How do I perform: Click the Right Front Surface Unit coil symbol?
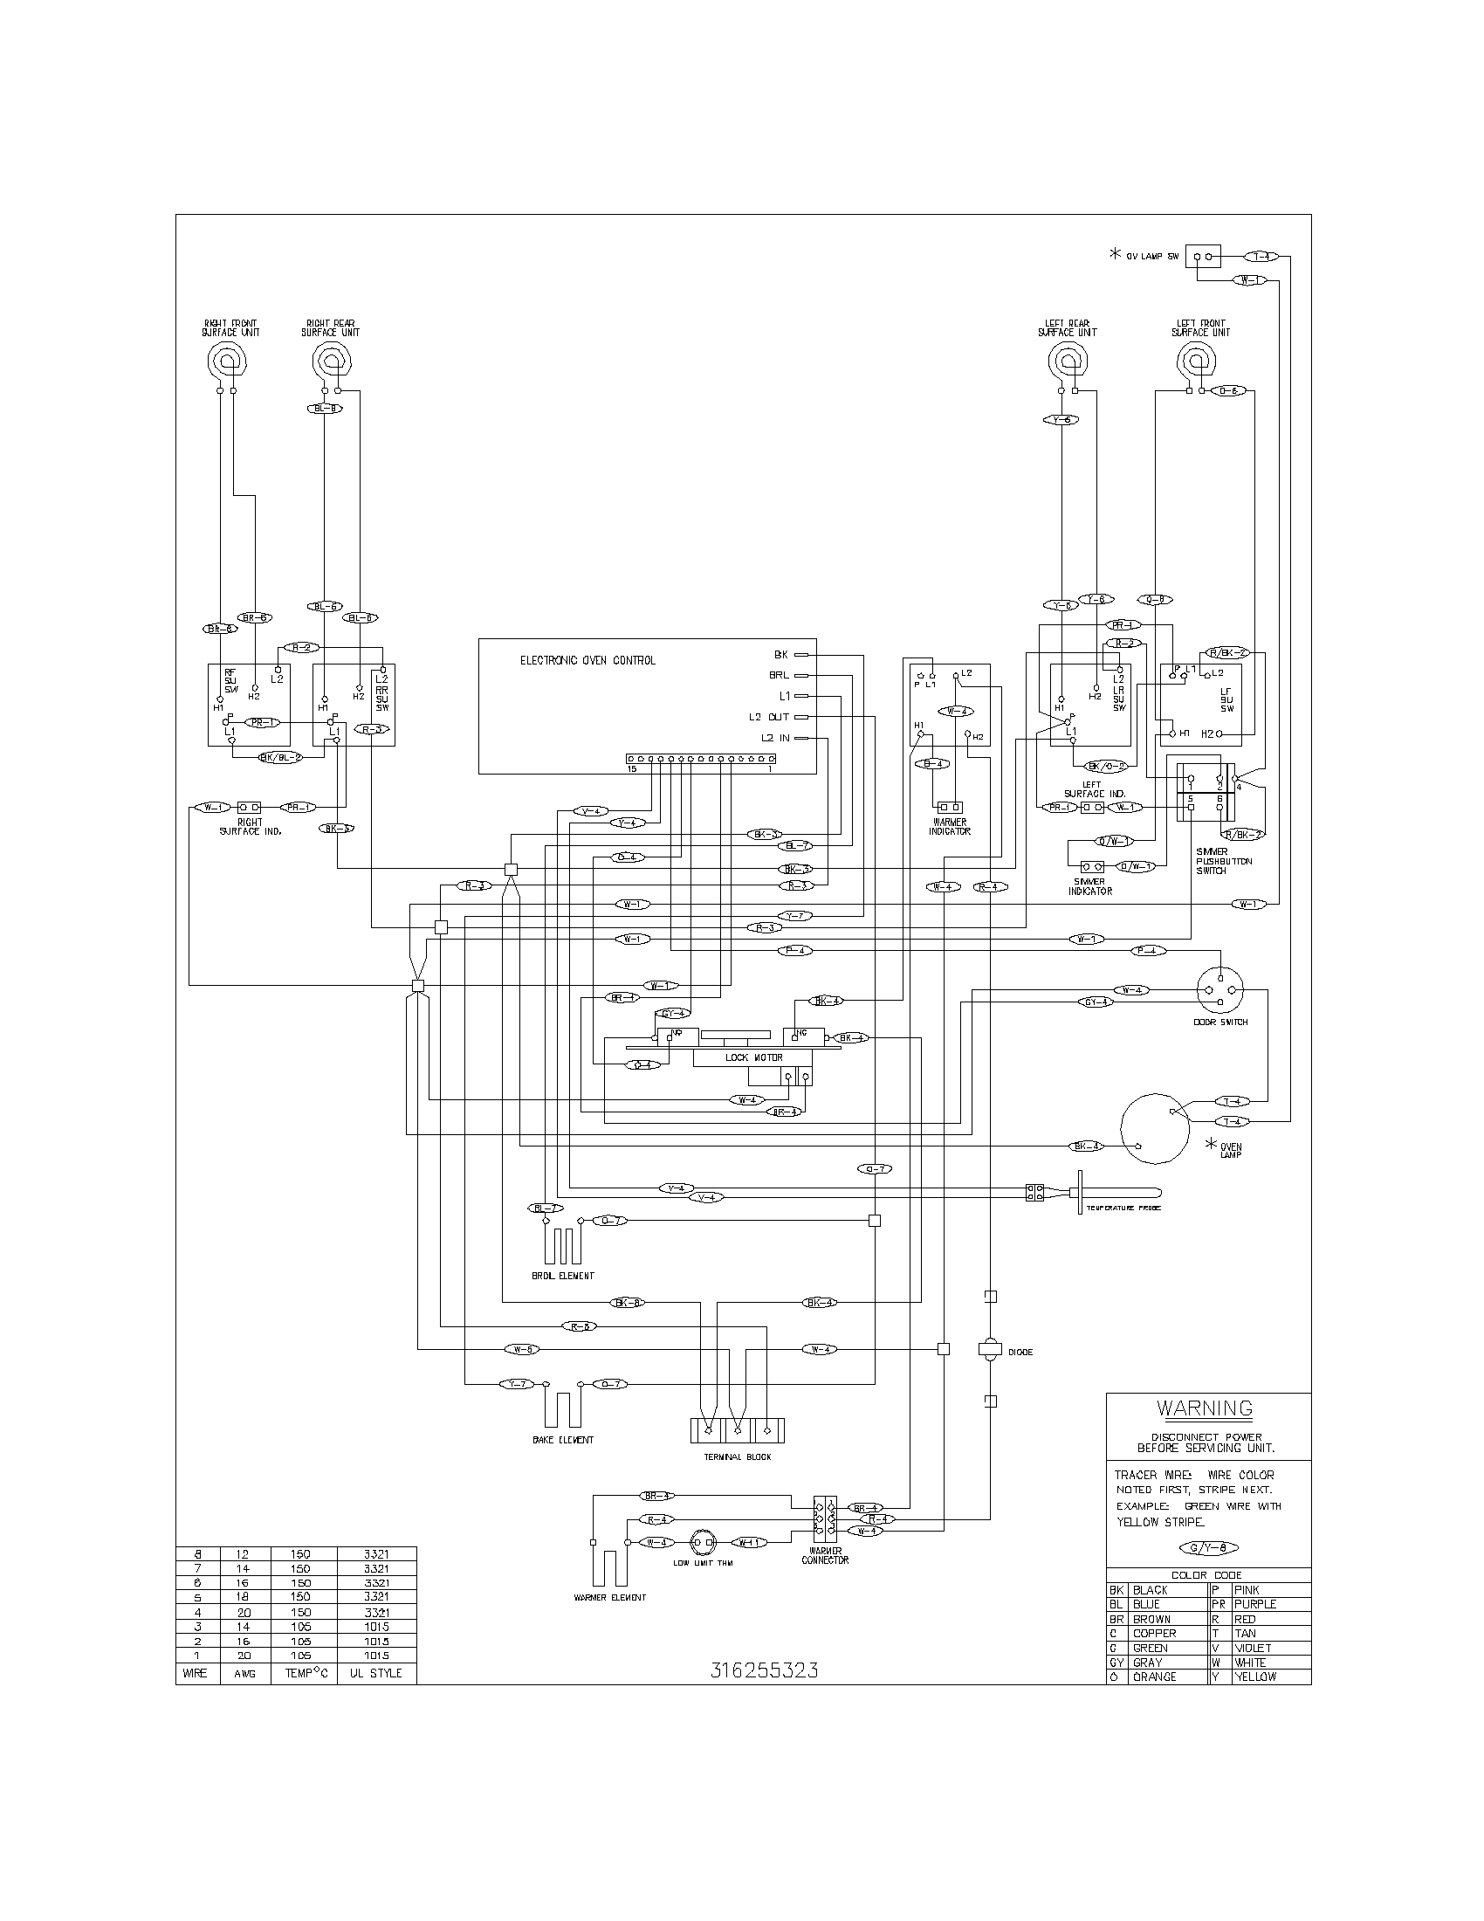click(226, 361)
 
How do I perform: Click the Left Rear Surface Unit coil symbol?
click(1068, 361)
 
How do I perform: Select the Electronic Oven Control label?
click(587, 661)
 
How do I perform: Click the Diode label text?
click(1020, 1352)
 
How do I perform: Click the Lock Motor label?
click(753, 1057)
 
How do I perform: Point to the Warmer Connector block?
click(825, 1519)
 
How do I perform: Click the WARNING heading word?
click(1205, 1408)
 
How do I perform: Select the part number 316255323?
click(763, 1671)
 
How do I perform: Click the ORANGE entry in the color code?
click(1154, 1677)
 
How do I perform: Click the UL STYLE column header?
click(375, 1673)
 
